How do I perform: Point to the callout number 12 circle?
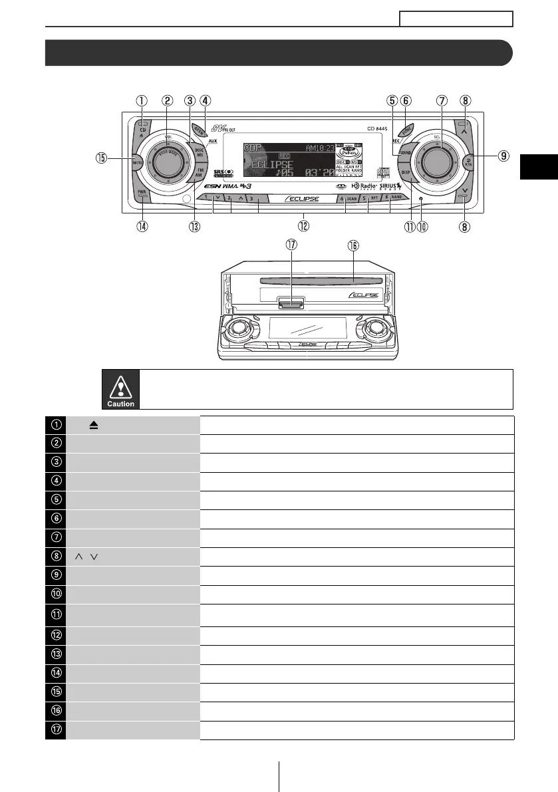[303, 225]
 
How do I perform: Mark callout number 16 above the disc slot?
[353, 245]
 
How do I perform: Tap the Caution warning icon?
[121, 389]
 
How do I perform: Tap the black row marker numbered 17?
[56, 730]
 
